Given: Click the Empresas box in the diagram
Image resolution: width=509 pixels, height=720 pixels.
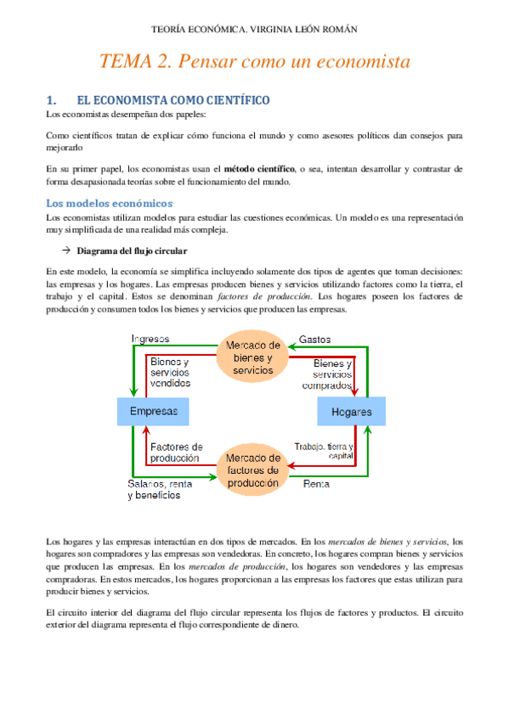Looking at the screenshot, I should pyautogui.click(x=153, y=412).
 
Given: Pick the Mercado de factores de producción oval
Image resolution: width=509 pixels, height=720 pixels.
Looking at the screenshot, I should pyautogui.click(x=253, y=470).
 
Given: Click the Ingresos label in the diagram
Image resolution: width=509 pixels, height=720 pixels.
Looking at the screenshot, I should pyautogui.click(x=150, y=339).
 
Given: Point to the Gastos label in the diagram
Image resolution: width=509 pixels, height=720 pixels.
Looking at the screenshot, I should pyautogui.click(x=314, y=339).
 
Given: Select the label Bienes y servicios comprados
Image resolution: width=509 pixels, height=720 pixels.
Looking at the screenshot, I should pyautogui.click(x=326, y=374).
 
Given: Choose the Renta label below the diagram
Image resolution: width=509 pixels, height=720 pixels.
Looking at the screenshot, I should pyautogui.click(x=317, y=484).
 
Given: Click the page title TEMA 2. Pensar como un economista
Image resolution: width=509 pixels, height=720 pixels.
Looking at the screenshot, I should pyautogui.click(x=254, y=62).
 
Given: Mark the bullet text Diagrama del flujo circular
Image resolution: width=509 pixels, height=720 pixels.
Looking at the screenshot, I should pyautogui.click(x=132, y=251).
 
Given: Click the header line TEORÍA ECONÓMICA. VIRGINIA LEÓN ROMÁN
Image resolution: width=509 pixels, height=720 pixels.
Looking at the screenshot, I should pyautogui.click(x=254, y=29).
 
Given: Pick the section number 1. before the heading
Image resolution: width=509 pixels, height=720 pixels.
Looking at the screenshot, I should pyautogui.click(x=50, y=100).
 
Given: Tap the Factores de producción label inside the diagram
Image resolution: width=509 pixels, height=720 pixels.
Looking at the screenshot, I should pyautogui.click(x=176, y=452).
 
